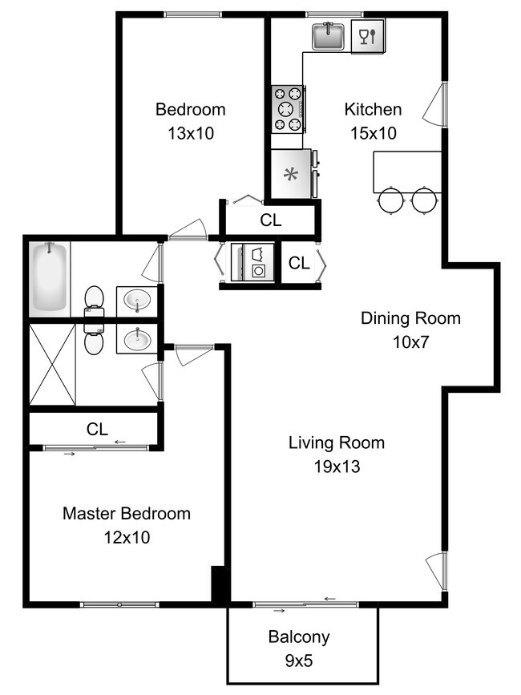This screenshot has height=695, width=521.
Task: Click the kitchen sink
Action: click(328, 36)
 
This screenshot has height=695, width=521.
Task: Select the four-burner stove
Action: click(288, 108)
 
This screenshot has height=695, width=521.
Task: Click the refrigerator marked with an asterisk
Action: click(291, 174)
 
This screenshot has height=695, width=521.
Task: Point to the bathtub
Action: click(49, 278)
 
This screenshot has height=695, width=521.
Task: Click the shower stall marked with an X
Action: click(52, 364)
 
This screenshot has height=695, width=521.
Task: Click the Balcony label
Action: click(299, 637)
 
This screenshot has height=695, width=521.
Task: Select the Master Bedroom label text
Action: click(127, 513)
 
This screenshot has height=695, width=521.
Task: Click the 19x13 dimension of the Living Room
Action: click(336, 467)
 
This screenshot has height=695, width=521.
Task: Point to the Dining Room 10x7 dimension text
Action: click(410, 342)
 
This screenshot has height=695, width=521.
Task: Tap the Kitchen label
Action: click(373, 109)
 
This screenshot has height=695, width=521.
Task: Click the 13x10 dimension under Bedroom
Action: click(190, 134)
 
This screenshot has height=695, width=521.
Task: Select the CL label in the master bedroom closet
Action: click(97, 430)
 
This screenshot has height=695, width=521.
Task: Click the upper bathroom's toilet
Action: click(95, 298)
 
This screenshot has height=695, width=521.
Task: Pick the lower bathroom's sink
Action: click(137, 338)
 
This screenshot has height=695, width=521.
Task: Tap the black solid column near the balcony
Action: click(220, 584)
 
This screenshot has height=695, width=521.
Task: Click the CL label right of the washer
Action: click(299, 262)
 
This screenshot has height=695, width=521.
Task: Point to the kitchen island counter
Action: click(406, 171)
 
